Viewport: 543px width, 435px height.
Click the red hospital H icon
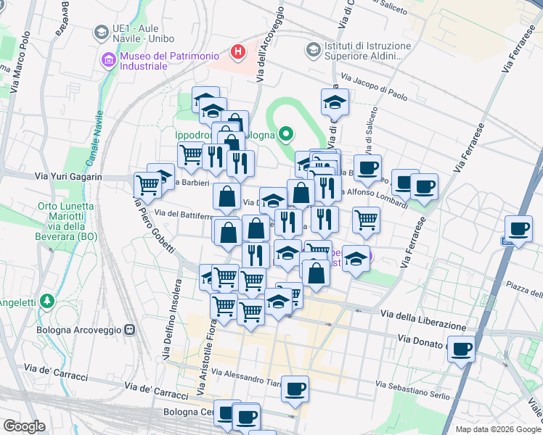coord(237,51)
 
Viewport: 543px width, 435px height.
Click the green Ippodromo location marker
coord(286,133)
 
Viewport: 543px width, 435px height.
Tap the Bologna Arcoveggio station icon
coord(130,330)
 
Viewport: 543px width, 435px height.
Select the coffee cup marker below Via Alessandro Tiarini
coord(295,389)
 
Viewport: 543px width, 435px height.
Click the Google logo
coord(24,426)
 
